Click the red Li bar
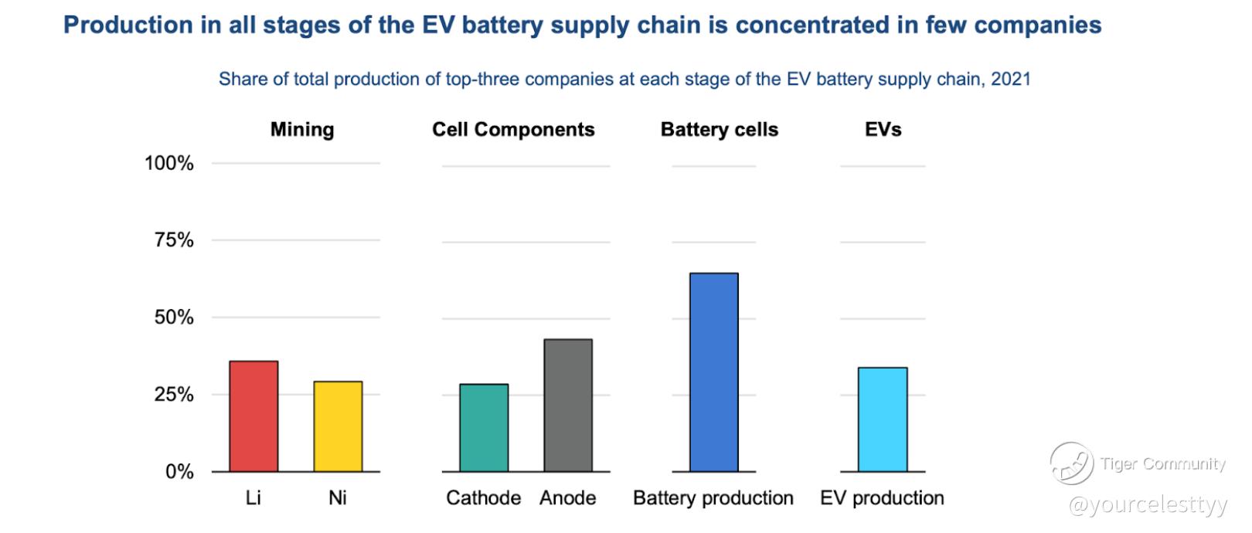coord(253,416)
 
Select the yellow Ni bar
coord(338,426)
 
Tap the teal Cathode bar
coord(484,428)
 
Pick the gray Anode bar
coord(568,406)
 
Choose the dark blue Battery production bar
coord(713,372)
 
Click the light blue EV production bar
coord(883,419)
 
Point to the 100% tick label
coord(169,163)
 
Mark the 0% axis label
coord(179,471)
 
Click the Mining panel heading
coord(302,129)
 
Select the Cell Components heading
coord(513,129)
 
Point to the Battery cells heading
coord(720,129)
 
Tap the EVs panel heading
coord(883,129)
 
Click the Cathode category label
coord(484,498)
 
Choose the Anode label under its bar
coord(568,498)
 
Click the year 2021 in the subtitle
coord(1010,79)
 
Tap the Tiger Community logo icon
coord(1070,463)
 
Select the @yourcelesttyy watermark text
coord(1148,506)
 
